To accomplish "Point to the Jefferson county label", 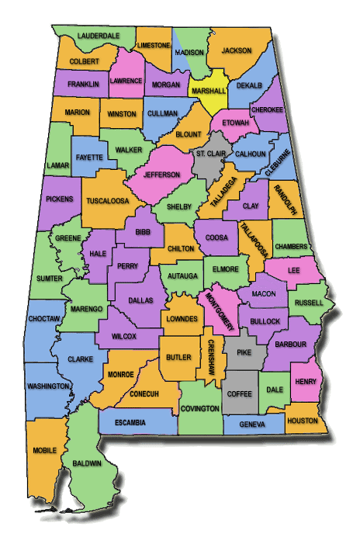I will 162,175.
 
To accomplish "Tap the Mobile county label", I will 44,450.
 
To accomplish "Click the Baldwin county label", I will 88,463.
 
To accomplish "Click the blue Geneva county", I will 252,425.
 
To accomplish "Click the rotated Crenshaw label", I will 210,357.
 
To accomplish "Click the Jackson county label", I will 237,51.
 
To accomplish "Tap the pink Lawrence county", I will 125,80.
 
